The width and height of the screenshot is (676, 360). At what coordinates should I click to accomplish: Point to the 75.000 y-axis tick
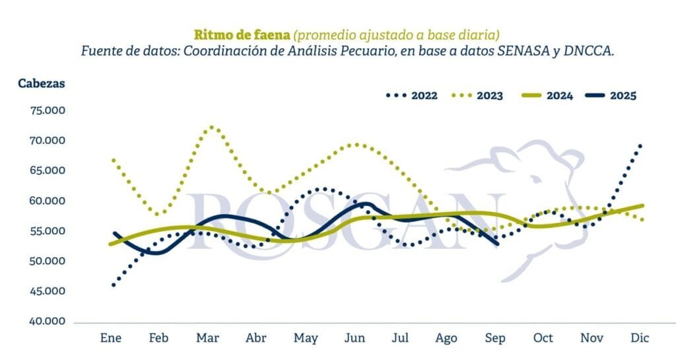pos(48,110)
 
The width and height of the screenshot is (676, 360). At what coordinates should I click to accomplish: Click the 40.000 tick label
pos(48,322)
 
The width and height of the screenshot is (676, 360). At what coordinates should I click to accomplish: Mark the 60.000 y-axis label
pos(48,201)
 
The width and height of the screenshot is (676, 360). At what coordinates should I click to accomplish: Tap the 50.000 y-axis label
pos(48,262)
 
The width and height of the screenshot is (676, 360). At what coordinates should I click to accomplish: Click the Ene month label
pos(112,338)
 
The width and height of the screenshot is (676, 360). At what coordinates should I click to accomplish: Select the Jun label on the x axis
pos(355,338)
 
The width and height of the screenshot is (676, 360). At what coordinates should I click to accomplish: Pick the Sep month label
pos(495,338)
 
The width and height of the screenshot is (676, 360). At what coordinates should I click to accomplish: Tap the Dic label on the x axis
pos(640,338)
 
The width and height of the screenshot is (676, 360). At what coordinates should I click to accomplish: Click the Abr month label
pos(256,338)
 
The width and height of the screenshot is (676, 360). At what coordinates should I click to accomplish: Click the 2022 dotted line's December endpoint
pos(640,145)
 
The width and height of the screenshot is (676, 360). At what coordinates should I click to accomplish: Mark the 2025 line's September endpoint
pos(497,244)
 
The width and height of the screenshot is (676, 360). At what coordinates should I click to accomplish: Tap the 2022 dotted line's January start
pos(114,285)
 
